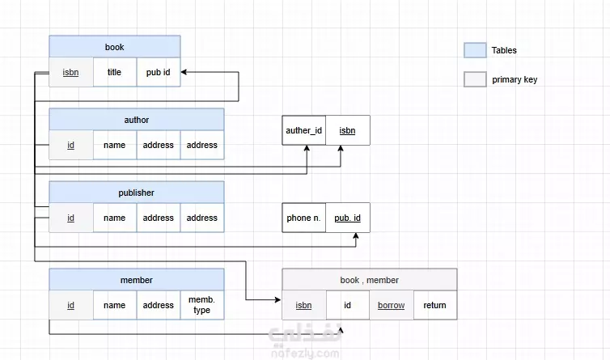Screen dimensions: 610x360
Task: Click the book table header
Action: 115,47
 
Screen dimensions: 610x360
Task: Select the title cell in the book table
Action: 115,72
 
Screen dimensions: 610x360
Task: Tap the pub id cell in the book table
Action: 159,72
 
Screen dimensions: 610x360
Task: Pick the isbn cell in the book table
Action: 71,72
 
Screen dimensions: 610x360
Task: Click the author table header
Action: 137,120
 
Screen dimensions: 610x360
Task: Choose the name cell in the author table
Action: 115,145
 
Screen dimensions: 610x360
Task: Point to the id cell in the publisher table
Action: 71,218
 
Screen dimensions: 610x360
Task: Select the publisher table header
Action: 137,193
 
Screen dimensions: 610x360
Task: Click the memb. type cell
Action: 202,305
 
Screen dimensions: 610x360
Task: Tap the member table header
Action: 137,280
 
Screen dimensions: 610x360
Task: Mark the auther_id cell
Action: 304,130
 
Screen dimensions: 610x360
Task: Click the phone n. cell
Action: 304,218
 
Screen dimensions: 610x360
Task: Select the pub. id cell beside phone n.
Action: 348,218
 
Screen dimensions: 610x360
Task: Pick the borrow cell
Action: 392,305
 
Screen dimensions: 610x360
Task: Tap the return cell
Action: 435,305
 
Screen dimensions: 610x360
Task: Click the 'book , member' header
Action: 370,280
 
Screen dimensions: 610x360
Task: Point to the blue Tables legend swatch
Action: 475,50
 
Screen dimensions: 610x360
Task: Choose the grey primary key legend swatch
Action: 475,79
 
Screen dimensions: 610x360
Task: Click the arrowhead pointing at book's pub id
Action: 184,72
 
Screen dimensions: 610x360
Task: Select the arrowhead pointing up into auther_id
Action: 307,148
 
